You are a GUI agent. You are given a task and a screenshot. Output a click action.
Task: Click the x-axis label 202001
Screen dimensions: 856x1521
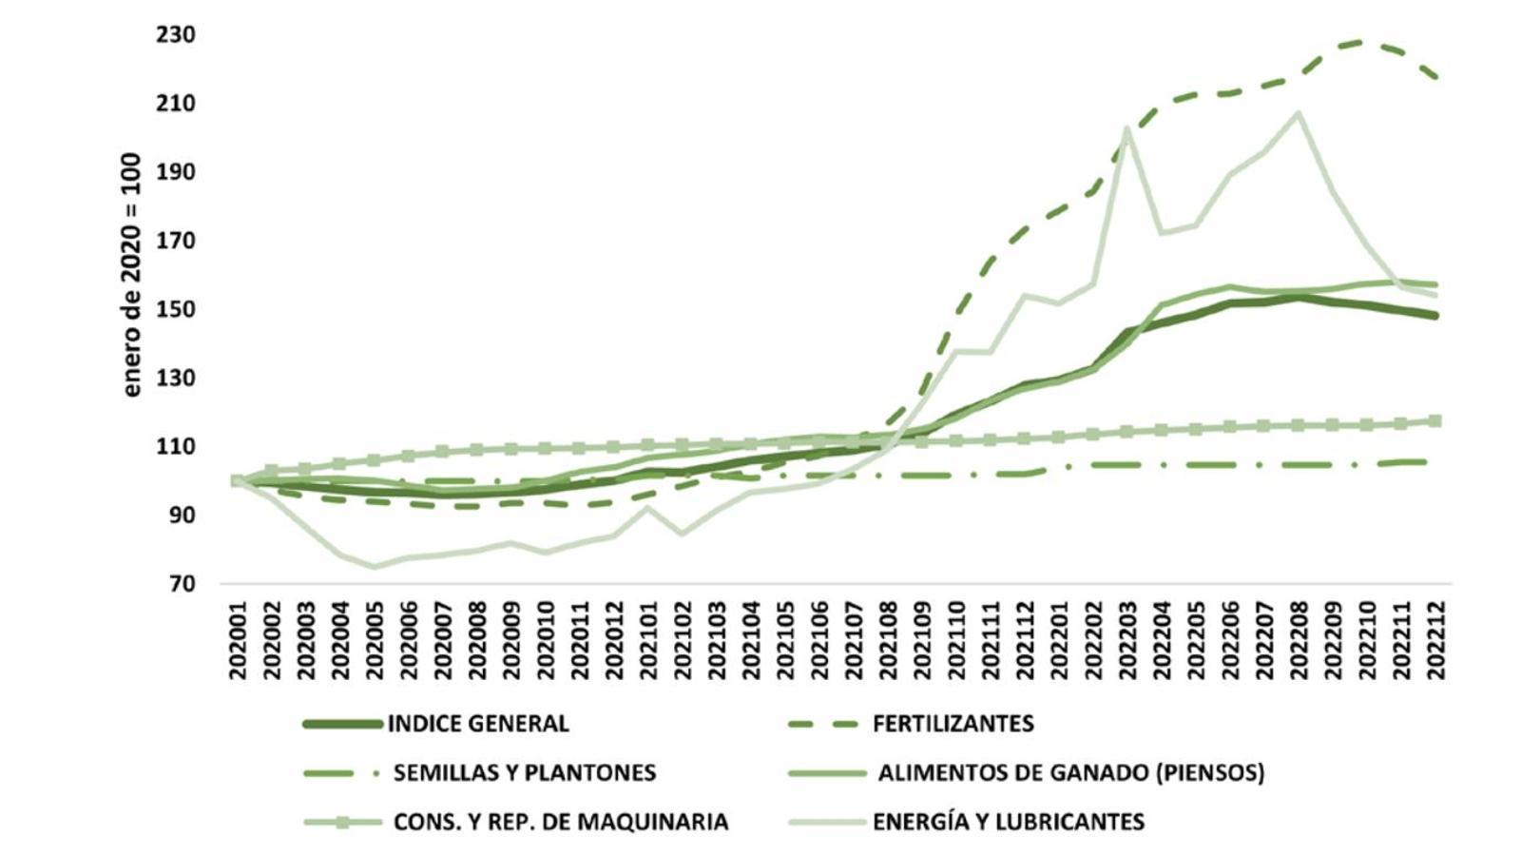[238, 640]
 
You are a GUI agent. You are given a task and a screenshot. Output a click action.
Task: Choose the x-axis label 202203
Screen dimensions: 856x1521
[1127, 640]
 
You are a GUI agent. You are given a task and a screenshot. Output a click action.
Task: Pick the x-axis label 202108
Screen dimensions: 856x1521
[888, 640]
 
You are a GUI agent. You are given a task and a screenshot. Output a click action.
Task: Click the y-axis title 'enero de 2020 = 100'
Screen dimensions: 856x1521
[131, 275]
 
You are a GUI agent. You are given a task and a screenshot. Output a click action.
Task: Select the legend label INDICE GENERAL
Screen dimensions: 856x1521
[478, 724]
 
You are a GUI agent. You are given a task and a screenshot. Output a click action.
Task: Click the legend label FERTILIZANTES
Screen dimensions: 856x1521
[953, 724]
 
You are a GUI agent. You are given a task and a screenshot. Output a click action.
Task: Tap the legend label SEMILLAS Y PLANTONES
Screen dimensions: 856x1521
[525, 772]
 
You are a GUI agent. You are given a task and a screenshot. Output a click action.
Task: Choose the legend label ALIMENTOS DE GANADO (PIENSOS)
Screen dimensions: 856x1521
[1070, 772]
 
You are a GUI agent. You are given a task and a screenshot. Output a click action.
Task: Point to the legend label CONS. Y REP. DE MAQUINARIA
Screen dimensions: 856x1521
[561, 822]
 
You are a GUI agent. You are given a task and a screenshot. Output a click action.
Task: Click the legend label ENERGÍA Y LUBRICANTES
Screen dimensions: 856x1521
[1008, 822]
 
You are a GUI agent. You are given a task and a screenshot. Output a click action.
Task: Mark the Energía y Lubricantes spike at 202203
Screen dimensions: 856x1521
[1127, 128]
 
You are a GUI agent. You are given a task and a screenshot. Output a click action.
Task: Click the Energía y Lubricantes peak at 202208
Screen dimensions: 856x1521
[1299, 113]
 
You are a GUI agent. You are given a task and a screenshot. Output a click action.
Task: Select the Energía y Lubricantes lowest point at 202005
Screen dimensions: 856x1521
[375, 567]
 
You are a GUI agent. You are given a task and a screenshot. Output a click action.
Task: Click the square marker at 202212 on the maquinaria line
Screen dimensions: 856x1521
[1435, 421]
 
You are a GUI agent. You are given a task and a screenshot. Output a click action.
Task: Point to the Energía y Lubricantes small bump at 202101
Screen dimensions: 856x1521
[648, 508]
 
